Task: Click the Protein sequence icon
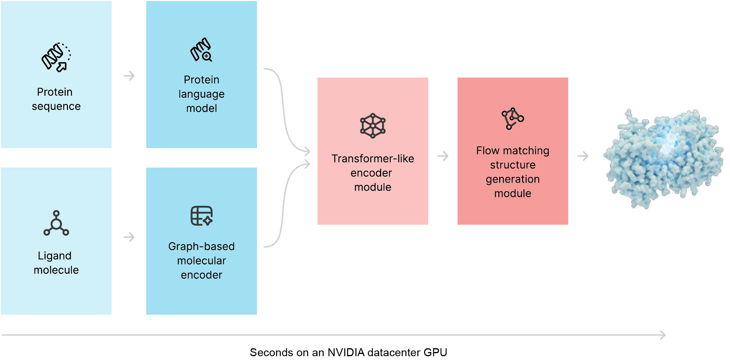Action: [x=56, y=57]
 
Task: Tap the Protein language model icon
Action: [x=201, y=50]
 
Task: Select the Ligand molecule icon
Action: [x=56, y=223]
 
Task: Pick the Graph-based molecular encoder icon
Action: [x=202, y=216]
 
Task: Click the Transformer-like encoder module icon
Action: [x=373, y=126]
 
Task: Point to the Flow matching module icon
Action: [x=512, y=118]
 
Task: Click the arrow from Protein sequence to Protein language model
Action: [x=129, y=76]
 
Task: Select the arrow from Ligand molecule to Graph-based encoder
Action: [x=129, y=237]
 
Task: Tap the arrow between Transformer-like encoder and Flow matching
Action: [x=443, y=156]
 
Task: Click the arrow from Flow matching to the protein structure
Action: [x=583, y=156]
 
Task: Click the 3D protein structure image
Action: [x=664, y=158]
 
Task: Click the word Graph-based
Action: [x=202, y=247]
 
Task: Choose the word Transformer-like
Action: [x=373, y=159]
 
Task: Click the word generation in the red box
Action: [x=513, y=180]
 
